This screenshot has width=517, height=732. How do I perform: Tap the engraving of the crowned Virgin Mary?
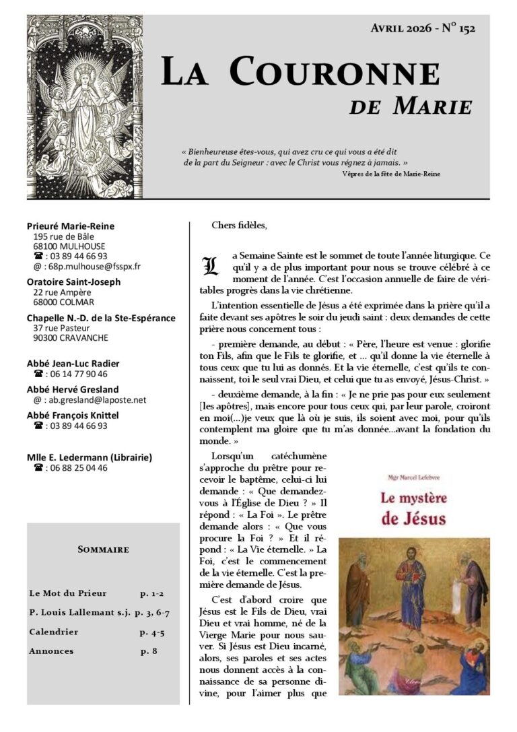pyautogui.click(x=84, y=106)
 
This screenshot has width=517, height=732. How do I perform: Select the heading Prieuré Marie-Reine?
pyautogui.click(x=71, y=226)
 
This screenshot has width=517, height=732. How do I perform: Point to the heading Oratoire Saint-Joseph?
pyautogui.click(x=73, y=281)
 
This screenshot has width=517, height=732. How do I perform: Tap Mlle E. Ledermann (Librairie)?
pyautogui.click(x=89, y=457)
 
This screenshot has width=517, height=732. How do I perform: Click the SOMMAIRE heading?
pyautogui.click(x=103, y=550)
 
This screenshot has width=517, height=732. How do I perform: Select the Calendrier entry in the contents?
pyautogui.click(x=54, y=632)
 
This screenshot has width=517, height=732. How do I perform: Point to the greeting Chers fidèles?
pyautogui.click(x=239, y=226)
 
